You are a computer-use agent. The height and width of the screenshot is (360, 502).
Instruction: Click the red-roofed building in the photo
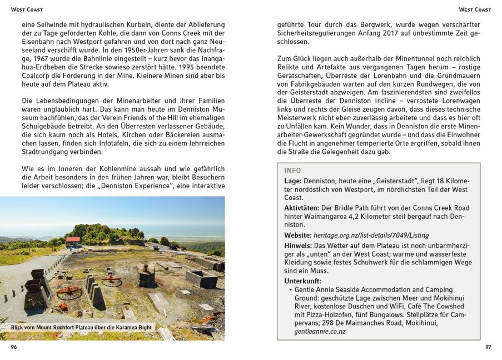[x=73, y=241]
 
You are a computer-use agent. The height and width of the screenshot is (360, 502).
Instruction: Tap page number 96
[x=14, y=347]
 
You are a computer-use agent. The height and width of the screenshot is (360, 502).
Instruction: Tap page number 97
[x=488, y=347]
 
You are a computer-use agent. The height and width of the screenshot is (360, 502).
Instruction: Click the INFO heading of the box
[x=293, y=171]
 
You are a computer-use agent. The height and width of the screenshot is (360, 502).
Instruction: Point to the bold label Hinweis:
[x=298, y=245]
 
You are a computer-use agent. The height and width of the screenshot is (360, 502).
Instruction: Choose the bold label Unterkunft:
[x=304, y=281]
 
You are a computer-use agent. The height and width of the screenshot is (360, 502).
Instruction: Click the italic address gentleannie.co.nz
[x=320, y=332]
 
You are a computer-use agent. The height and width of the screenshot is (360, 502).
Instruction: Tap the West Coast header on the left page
[x=27, y=9]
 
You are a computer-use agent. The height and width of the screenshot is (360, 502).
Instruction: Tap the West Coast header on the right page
[x=475, y=9]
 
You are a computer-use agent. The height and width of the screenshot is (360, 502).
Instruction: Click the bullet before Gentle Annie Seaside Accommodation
[x=290, y=290]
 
